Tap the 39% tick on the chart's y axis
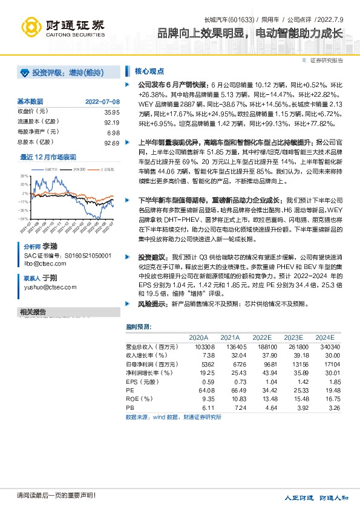click(24, 176)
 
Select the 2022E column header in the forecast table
click(262, 337)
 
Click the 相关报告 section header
click(33, 312)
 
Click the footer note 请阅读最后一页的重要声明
click(48, 496)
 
